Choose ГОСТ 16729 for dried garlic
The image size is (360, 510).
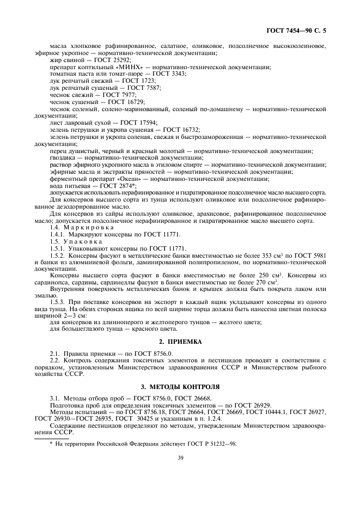click(x=126, y=101)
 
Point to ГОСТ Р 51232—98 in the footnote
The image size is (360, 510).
click(x=210, y=443)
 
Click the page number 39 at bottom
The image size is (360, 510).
click(x=180, y=458)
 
